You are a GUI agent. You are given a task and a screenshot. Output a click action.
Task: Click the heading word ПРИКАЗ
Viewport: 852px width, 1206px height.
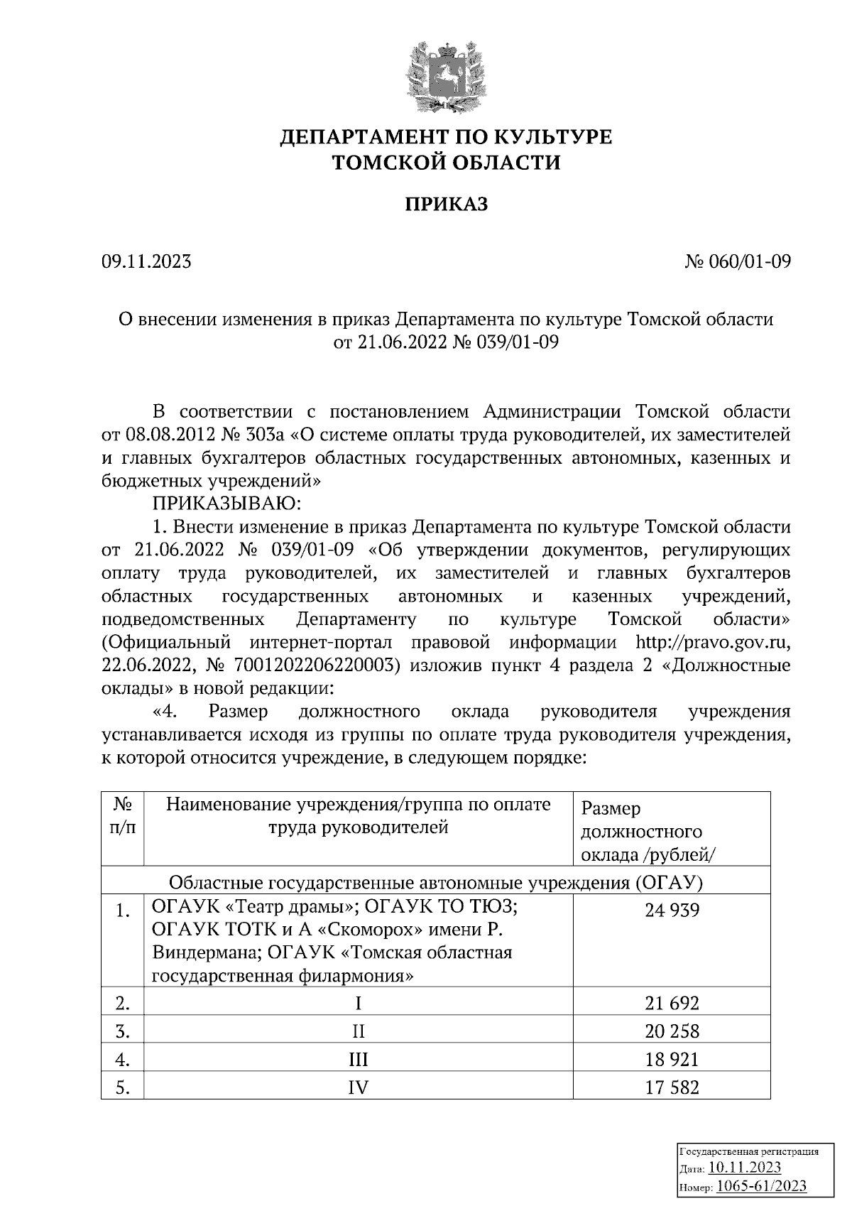tap(447, 205)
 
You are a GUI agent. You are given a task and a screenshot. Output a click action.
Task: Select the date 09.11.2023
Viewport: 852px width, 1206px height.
tap(146, 262)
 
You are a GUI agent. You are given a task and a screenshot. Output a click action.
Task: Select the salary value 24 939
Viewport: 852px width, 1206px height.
tap(672, 910)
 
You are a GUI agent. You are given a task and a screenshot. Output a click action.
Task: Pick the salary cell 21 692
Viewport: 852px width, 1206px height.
tap(672, 1004)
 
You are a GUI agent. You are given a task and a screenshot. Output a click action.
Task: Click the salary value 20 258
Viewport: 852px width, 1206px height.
tap(672, 1031)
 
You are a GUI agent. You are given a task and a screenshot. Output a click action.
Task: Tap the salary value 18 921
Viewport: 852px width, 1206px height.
tap(672, 1060)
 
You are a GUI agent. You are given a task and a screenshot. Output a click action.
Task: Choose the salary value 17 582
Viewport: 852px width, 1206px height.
tap(672, 1087)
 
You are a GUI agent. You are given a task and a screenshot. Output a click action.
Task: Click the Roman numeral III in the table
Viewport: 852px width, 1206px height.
tap(358, 1060)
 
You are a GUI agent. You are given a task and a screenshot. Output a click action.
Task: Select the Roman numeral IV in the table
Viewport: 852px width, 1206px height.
tap(358, 1087)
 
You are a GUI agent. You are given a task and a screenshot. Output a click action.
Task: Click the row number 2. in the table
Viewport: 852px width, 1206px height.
tap(123, 1004)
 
